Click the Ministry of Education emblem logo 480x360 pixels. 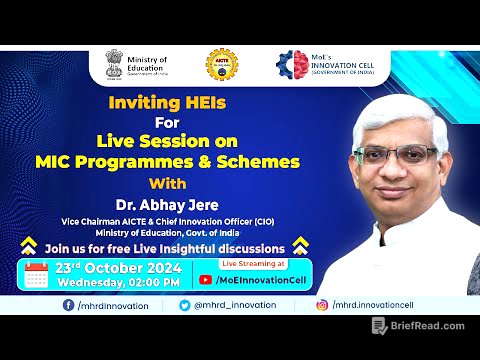click(114, 65)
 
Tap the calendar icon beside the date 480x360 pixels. click(36, 275)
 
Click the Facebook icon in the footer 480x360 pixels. click(67, 304)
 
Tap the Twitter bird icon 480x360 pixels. click(185, 304)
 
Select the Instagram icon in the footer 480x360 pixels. click(322, 304)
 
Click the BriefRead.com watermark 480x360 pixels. click(419, 326)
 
